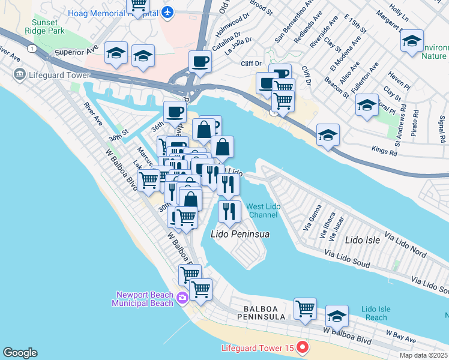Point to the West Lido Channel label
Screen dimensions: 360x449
[x=262, y=210]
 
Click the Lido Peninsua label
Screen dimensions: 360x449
[x=239, y=233]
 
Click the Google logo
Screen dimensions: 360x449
[x=20, y=353]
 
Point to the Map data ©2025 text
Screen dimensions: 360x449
[x=423, y=355]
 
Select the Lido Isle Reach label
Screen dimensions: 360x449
[x=376, y=313]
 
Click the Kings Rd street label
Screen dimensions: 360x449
[x=385, y=152]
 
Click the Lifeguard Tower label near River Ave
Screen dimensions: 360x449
[x=52, y=75]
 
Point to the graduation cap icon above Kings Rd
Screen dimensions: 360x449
[x=328, y=136]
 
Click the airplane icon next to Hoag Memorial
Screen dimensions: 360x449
[x=167, y=11]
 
